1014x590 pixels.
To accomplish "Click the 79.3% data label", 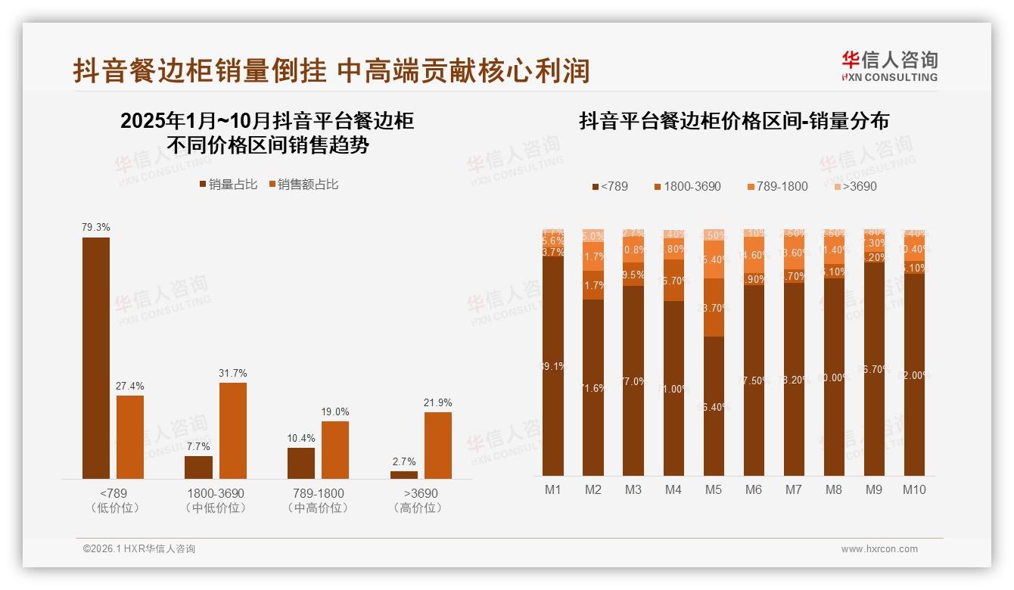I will coord(96,227).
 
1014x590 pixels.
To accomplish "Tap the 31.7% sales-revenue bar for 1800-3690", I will coord(233,430).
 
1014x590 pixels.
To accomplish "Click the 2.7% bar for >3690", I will coord(404,474).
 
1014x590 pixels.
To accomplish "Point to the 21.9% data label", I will coord(437,402).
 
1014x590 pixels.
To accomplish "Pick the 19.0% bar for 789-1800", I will coord(335,449).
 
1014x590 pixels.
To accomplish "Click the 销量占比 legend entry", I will coord(228,185).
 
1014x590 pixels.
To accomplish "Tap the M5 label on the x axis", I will coord(713,490).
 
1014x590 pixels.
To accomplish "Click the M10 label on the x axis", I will coord(914,490).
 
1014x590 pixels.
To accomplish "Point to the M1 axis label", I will coord(553,490).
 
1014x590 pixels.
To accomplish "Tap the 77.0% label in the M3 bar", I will coord(633,381).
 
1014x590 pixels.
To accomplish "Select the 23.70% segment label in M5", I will coord(714,308).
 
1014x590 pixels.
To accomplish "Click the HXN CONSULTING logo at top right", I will coord(889,67).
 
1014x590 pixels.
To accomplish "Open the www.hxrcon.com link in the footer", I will coord(879,549).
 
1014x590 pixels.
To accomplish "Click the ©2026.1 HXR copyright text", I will coord(139,549).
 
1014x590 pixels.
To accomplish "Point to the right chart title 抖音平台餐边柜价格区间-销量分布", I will coord(734,121).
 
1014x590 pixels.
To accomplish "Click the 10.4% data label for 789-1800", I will coord(301,438).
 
